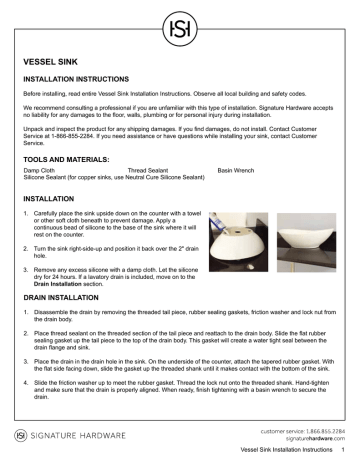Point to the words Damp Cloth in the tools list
40,171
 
